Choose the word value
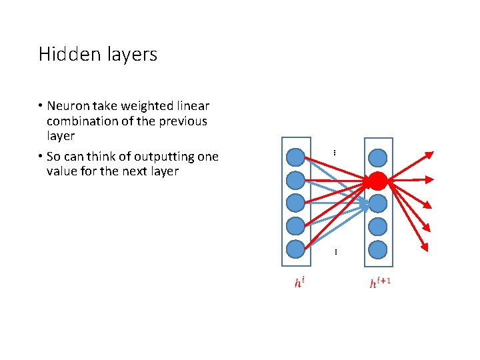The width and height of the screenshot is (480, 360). click(x=62, y=171)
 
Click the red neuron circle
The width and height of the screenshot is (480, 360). click(x=377, y=180)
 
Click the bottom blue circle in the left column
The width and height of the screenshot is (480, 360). click(x=295, y=249)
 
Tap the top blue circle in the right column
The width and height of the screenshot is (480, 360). click(x=377, y=158)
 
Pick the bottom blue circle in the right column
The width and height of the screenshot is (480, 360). click(x=377, y=249)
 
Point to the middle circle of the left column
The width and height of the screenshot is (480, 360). click(x=295, y=203)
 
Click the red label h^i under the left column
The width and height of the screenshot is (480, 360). click(x=301, y=283)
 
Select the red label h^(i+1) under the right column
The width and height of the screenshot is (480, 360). click(x=379, y=283)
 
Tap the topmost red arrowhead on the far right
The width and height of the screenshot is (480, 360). click(x=429, y=155)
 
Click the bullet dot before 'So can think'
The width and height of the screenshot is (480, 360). click(x=41, y=157)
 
